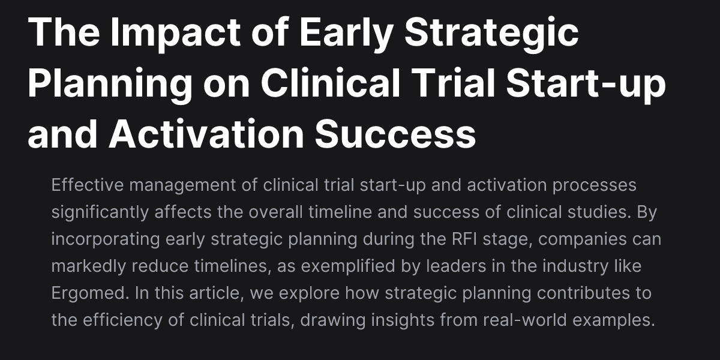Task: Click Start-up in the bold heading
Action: pyautogui.click(x=586, y=85)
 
